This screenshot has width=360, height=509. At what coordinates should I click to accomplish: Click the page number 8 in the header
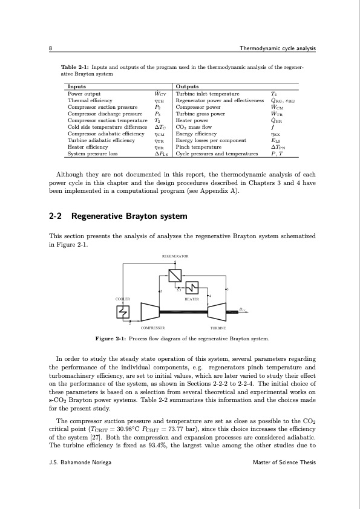coord(51,48)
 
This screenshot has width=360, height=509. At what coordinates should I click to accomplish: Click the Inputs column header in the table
coord(76,87)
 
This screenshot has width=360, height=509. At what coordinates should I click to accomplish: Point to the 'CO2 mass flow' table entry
coord(194,126)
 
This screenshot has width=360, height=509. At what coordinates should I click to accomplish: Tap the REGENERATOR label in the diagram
coord(175,257)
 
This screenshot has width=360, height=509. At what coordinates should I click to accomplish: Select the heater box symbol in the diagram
coord(192,287)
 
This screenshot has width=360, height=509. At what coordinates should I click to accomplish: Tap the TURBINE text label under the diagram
coord(218,328)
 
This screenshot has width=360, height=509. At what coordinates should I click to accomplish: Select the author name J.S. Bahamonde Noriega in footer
coord(82,462)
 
